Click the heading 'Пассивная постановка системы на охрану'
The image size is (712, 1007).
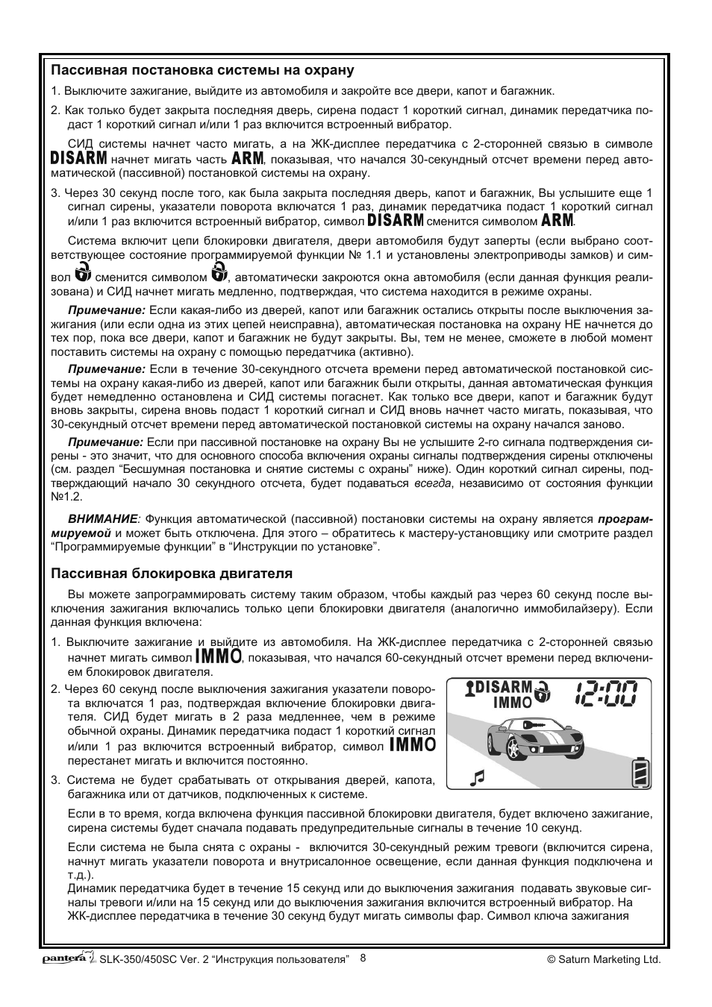pyautogui.click(x=202, y=71)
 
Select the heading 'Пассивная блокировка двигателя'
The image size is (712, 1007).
pyautogui.click(x=172, y=574)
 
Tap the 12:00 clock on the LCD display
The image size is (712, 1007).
pyautogui.click(x=606, y=695)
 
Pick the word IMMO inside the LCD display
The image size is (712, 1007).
pyautogui.click(x=512, y=703)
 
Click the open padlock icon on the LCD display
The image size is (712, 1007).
pyautogui.click(x=546, y=691)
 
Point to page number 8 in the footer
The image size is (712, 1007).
pyautogui.click(x=363, y=958)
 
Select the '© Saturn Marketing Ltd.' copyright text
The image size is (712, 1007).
pyautogui.click(x=605, y=960)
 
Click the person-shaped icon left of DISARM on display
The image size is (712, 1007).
pyautogui.click(x=469, y=688)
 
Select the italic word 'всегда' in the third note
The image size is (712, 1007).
pyautogui.click(x=433, y=483)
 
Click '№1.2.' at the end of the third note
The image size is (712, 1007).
pyautogui.click(x=66, y=496)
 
